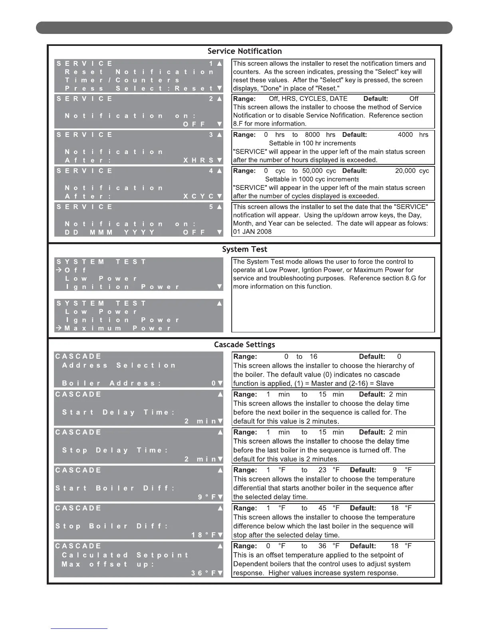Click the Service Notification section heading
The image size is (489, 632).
coord(245,51)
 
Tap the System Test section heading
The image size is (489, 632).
coord(245,249)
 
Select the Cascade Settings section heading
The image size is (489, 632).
coord(245,344)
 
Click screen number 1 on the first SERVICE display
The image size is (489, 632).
coord(211,63)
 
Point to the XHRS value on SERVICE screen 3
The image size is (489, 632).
coord(199,160)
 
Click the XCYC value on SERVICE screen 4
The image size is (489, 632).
coord(199,196)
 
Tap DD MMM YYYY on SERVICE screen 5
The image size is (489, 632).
coord(109,232)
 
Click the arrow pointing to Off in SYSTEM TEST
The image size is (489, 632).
coord(59,270)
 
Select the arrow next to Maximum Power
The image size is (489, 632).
coord(59,328)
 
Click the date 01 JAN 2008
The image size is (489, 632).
coord(252,232)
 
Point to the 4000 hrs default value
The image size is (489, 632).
coord(413,135)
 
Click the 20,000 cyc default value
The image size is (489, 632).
coord(412,171)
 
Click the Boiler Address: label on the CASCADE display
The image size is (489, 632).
coord(111,383)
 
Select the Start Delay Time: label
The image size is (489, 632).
coord(119,413)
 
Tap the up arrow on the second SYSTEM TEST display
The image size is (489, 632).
coord(219,304)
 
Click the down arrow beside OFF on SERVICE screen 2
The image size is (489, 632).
coord(219,124)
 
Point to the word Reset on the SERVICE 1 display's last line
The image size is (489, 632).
coord(194,89)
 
